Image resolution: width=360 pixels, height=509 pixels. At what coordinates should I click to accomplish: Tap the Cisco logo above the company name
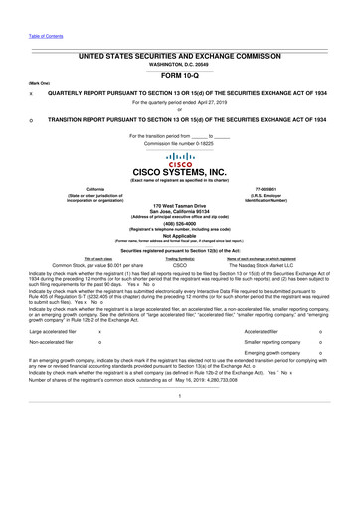(180, 159)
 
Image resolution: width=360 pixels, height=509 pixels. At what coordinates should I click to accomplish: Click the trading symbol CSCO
(180, 266)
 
